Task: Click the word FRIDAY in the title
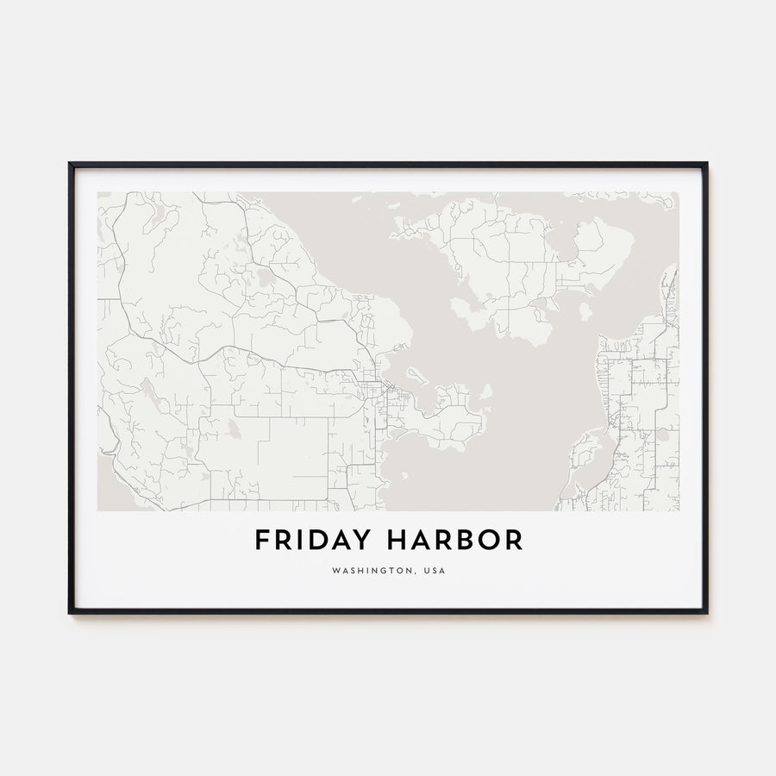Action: pyautogui.click(x=314, y=541)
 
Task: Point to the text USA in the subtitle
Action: pyautogui.click(x=435, y=571)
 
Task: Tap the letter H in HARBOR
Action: pyautogui.click(x=397, y=541)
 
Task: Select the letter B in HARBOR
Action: pyautogui.click(x=466, y=541)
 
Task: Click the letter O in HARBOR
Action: pyautogui.click(x=489, y=541)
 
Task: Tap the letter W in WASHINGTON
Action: pyautogui.click(x=335, y=571)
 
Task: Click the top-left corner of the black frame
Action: pyautogui.click(x=70, y=163)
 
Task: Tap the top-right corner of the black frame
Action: pyautogui.click(x=706, y=163)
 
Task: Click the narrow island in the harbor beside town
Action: pyautogui.click(x=418, y=376)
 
